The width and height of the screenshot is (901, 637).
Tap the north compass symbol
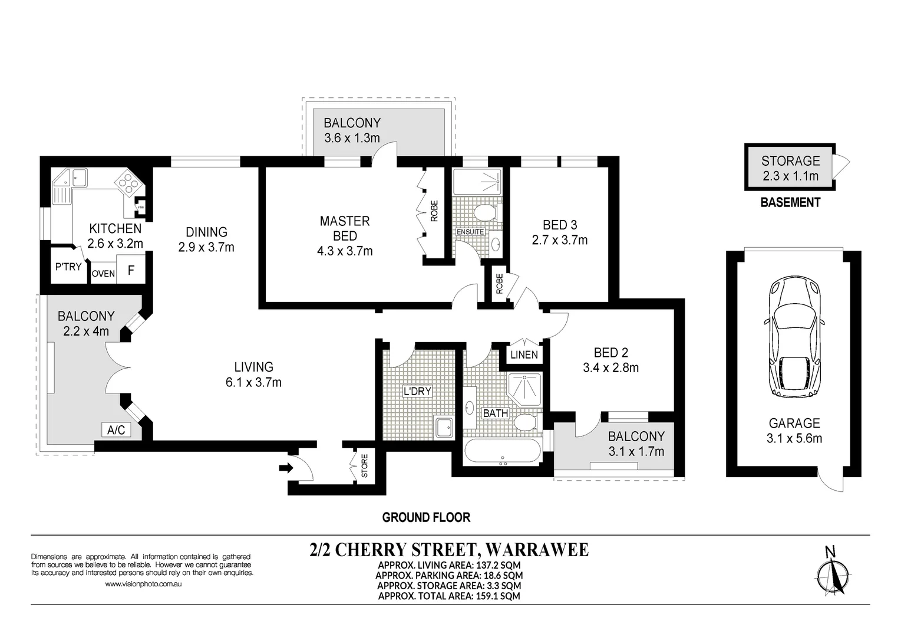833,576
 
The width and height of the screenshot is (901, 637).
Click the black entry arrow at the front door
286,468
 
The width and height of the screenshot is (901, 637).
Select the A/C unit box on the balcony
116,430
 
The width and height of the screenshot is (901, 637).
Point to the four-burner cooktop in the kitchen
130,183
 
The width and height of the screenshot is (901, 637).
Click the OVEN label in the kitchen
103,274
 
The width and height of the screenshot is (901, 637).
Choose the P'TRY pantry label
68,267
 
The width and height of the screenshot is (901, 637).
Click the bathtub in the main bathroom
503,451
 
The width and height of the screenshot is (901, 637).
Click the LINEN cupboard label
524,354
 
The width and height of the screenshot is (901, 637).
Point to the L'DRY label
417,391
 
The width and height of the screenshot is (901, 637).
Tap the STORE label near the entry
364,466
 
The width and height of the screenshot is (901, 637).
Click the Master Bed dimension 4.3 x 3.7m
345,251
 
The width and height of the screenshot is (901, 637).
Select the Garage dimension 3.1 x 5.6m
794,438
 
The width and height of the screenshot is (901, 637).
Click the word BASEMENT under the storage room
790,202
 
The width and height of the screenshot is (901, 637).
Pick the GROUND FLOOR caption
426,517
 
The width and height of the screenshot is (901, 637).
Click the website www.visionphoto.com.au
143,584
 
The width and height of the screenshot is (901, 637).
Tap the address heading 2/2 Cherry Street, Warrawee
449,550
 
